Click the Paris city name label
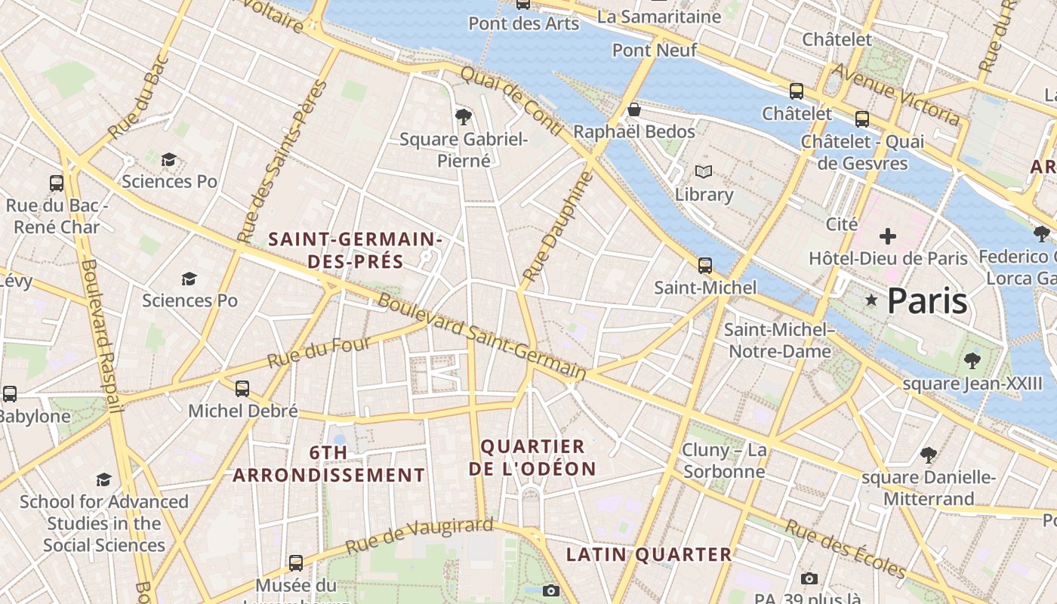tap(926, 300)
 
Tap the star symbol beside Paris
tap(871, 300)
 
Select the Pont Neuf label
tap(644, 50)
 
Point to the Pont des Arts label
tap(523, 23)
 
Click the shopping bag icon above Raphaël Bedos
tap(634, 110)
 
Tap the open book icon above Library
tap(704, 172)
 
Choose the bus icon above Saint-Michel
tap(705, 265)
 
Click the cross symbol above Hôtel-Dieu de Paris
tap(888, 236)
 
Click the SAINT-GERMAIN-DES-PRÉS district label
tap(355, 251)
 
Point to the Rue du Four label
tap(319, 353)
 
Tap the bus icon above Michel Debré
tap(242, 389)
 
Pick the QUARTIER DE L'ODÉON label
tap(533, 457)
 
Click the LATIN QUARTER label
tap(649, 555)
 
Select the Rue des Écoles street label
tap(845, 548)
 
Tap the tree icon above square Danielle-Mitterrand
tap(929, 455)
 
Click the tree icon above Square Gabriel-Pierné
tap(464, 116)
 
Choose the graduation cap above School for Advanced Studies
tap(103, 479)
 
